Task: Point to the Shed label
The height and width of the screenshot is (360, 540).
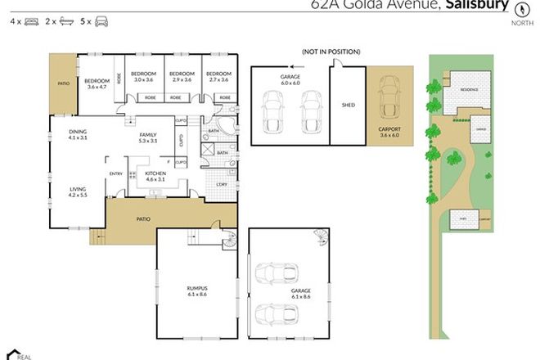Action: pos(348,105)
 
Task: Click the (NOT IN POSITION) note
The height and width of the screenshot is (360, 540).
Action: pos(331,52)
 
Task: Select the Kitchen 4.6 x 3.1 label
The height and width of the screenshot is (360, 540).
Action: pos(155,178)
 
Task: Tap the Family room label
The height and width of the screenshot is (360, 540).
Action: pos(148,137)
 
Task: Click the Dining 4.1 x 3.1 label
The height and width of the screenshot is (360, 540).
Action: pos(79,136)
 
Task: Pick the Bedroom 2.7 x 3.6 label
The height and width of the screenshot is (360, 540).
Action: pos(218,76)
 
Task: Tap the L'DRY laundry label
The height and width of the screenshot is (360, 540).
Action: pos(222,184)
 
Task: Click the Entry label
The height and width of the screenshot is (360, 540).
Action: pos(116,173)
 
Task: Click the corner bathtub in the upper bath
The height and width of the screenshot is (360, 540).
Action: pos(227,128)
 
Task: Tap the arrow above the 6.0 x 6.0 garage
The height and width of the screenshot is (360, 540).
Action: pos(293,69)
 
